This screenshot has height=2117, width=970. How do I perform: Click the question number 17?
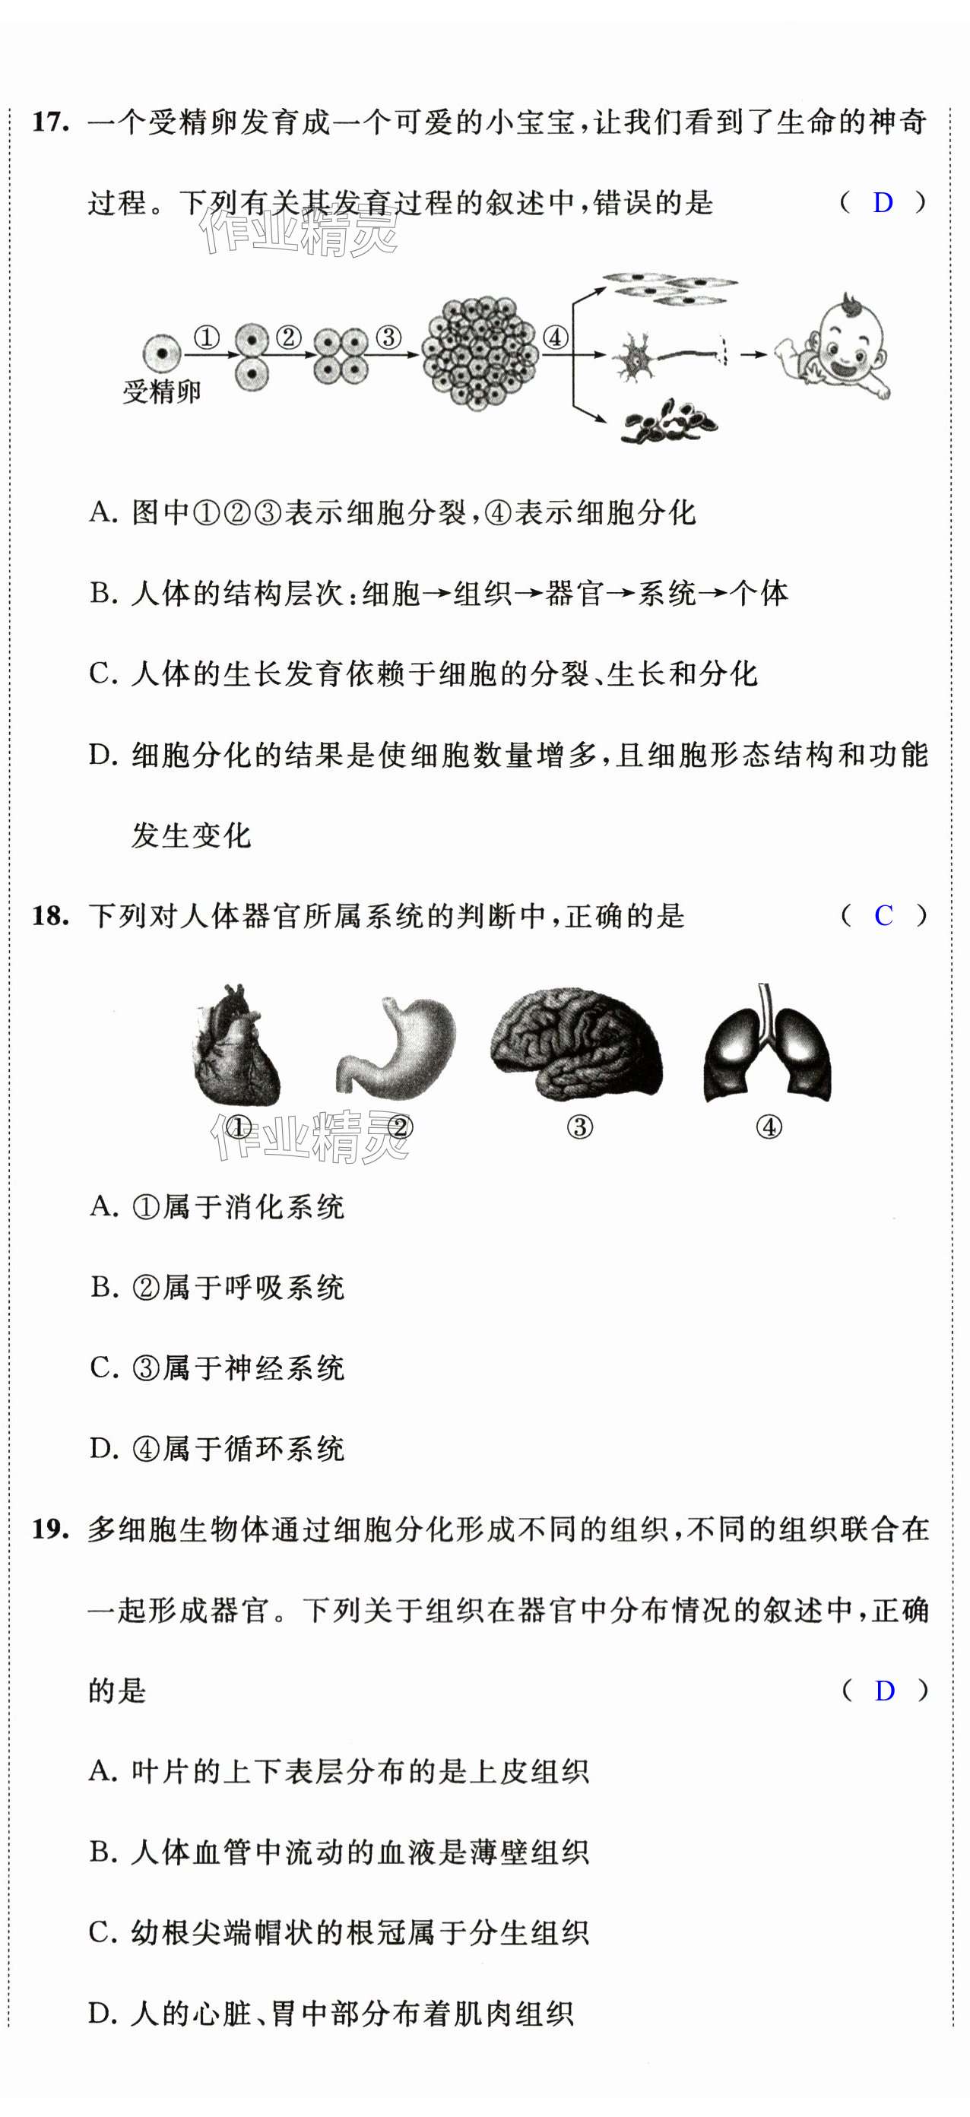coord(50,122)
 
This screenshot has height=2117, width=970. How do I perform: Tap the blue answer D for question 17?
coord(882,202)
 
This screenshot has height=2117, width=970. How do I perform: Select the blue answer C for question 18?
coord(883,915)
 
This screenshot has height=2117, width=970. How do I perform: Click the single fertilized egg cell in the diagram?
coord(162,353)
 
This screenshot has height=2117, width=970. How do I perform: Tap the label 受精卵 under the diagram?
coord(162,392)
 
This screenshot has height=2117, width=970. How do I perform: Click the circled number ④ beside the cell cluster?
coord(556,337)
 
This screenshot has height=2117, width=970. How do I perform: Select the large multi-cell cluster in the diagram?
coord(480,353)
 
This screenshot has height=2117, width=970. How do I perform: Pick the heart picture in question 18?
coord(236,1045)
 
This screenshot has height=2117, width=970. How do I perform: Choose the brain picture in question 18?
coord(576,1043)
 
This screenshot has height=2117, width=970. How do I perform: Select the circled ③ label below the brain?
coord(579,1127)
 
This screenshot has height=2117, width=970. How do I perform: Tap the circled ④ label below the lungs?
coord(769,1127)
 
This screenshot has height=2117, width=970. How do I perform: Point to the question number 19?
coord(50,1529)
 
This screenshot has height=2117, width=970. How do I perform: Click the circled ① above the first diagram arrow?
coord(206,337)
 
